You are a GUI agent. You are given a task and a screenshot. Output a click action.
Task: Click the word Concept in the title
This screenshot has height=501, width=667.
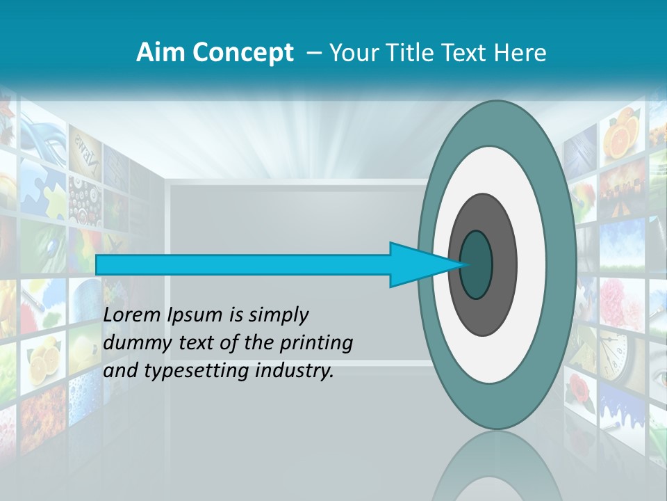click(241, 53)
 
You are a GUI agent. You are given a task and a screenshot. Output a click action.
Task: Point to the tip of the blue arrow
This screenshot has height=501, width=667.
click(462, 264)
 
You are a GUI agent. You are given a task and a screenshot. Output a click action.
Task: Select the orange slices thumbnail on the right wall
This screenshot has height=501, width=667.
click(621, 136)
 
